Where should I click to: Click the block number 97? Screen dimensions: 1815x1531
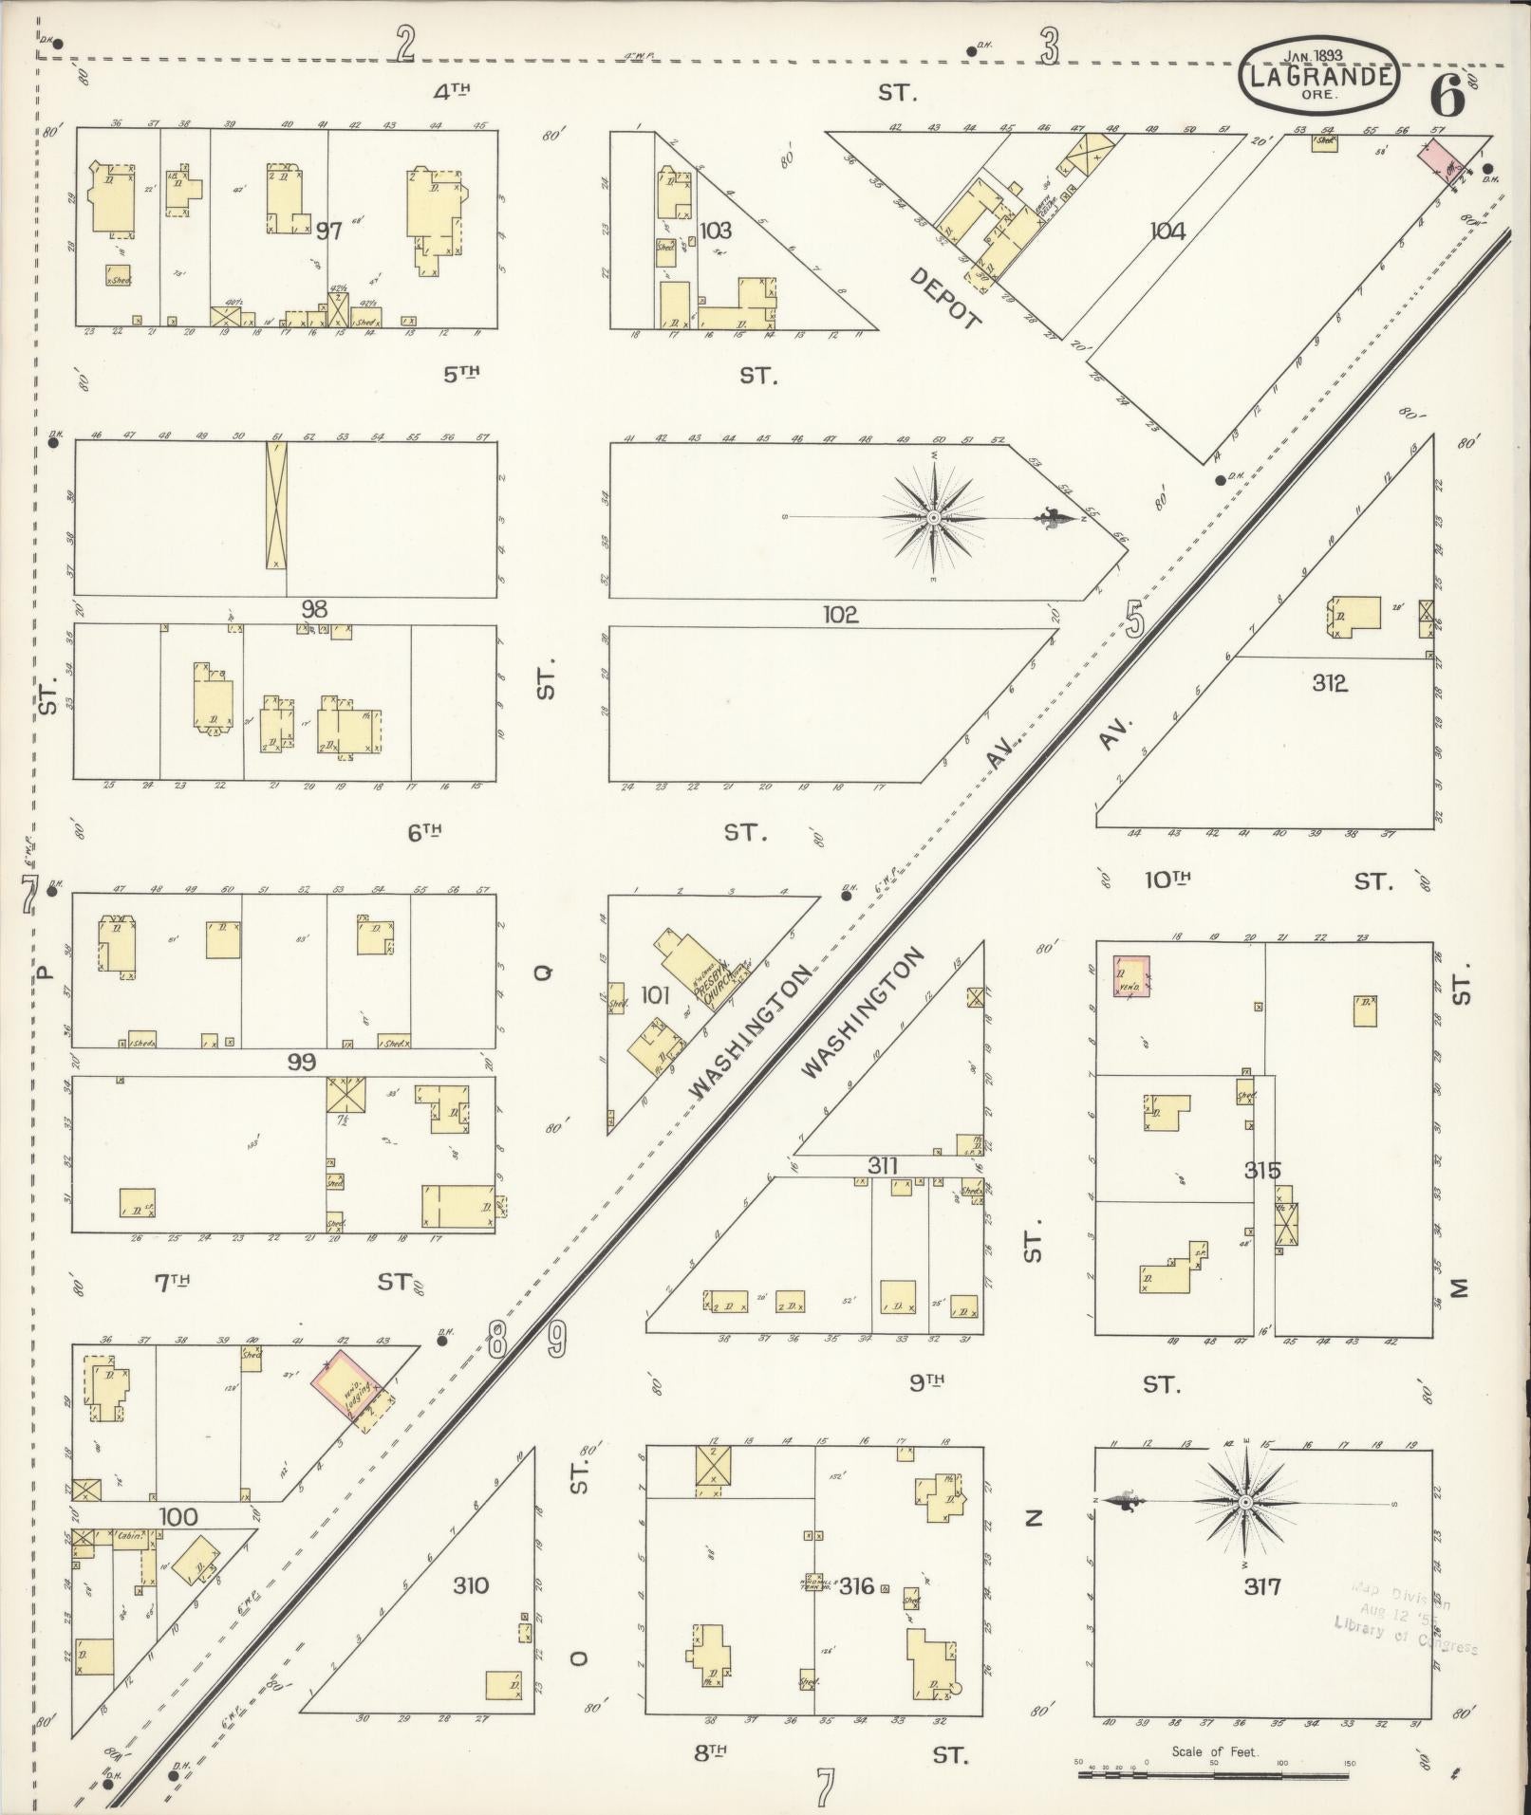[x=328, y=231]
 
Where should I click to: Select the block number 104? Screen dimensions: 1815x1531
[x=1167, y=231]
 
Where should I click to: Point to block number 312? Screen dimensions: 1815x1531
[x=1329, y=683]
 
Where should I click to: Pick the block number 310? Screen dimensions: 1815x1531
[x=470, y=1585]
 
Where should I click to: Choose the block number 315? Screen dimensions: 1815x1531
[x=1262, y=1171]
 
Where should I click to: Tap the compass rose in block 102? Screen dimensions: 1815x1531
[x=935, y=518]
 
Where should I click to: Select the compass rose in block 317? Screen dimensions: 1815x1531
[x=1244, y=1503]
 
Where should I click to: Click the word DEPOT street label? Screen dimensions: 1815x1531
[x=945, y=299]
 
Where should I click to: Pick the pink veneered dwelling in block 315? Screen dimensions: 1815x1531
[x=1131, y=977]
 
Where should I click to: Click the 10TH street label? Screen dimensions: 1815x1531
[x=1167, y=880]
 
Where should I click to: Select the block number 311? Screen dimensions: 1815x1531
[x=882, y=1165]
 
